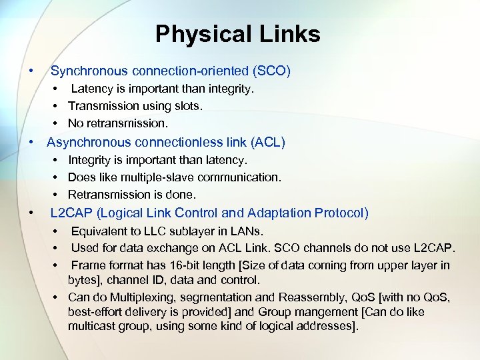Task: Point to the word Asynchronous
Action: (90, 142)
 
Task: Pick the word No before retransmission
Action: (76, 123)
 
